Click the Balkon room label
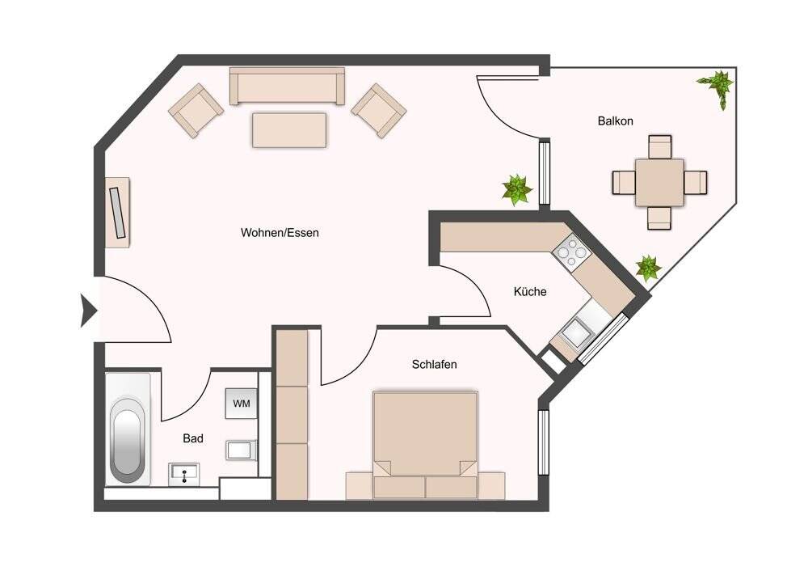click(x=615, y=121)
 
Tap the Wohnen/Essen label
click(x=280, y=233)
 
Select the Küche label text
click(x=530, y=291)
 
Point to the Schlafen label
click(x=434, y=365)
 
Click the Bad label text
click(x=192, y=438)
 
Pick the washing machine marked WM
click(x=242, y=403)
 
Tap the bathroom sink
click(x=186, y=474)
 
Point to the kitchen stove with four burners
click(x=570, y=252)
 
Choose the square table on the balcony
click(x=659, y=183)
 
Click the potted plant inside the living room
click(x=517, y=190)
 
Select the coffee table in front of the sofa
click(x=289, y=129)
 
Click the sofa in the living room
click(x=287, y=87)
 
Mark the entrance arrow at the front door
click(x=87, y=311)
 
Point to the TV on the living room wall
click(x=118, y=212)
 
